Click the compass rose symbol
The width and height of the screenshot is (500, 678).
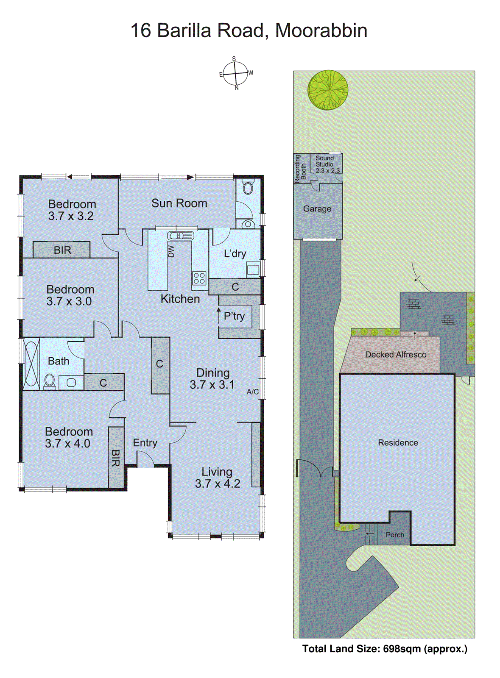(x=235, y=74)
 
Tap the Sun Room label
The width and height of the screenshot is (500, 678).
(x=179, y=203)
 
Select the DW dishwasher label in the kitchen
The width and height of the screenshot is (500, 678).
(x=171, y=251)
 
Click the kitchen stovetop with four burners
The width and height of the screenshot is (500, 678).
(x=199, y=278)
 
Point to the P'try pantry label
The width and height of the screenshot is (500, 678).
(x=234, y=316)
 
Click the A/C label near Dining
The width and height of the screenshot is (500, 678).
(x=252, y=392)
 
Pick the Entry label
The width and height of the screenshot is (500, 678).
(x=145, y=443)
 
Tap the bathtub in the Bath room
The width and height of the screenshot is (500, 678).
(x=31, y=364)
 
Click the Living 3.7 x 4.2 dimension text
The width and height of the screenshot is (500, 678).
(x=217, y=483)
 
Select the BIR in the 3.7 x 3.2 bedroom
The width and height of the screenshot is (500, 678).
(x=62, y=250)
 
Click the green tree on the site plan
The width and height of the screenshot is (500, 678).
(x=328, y=90)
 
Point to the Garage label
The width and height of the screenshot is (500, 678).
(x=317, y=209)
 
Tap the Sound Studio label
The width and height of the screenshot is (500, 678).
(x=325, y=161)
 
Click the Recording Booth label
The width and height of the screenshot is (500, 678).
(x=300, y=168)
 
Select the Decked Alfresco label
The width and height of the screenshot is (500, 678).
(x=396, y=355)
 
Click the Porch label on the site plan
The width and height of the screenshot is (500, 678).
(x=395, y=535)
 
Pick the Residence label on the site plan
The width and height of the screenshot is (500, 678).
(x=398, y=443)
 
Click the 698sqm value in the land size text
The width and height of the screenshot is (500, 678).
(x=402, y=649)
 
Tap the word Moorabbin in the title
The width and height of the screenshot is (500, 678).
(x=321, y=31)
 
